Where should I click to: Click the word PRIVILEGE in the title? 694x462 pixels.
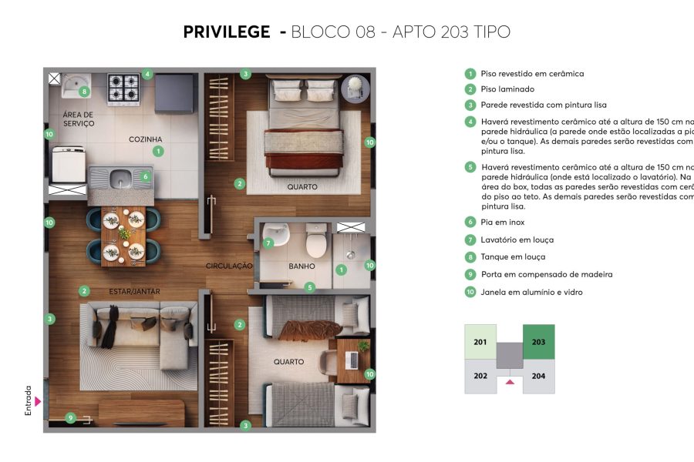click(226, 32)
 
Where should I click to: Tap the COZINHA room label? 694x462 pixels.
click(145, 139)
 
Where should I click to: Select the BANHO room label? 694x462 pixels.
click(302, 266)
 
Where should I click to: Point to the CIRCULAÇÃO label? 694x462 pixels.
click(229, 266)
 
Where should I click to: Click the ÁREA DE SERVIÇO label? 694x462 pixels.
click(78, 119)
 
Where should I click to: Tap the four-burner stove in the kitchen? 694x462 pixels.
click(123, 89)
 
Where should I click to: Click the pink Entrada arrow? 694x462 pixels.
click(37, 401)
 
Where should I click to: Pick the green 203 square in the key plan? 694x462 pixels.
click(538, 342)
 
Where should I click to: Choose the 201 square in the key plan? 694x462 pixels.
click(480, 342)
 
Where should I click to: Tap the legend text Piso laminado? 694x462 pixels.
click(507, 89)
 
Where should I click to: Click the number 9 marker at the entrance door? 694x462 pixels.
click(70, 418)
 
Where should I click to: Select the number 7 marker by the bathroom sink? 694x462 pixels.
click(268, 243)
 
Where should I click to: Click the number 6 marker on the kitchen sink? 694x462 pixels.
click(144, 176)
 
